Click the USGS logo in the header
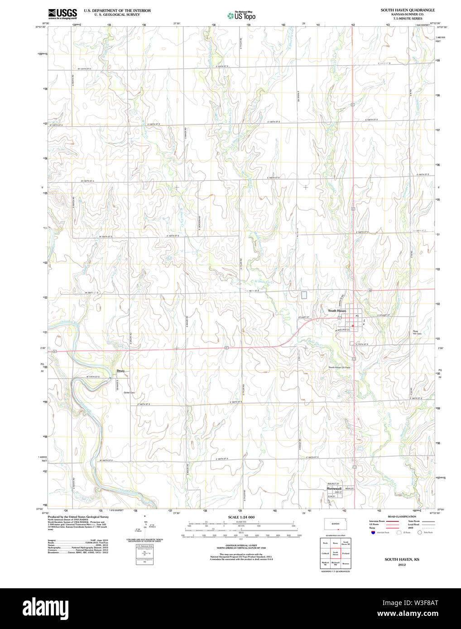(62, 13)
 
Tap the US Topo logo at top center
(241, 16)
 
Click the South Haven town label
(337, 311)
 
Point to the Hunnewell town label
(336, 489)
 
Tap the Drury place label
(120, 371)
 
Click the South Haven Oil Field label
(339, 367)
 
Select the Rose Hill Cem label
(417, 332)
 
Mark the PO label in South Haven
(357, 315)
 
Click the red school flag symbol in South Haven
(352, 325)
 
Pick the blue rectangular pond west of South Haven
(304, 295)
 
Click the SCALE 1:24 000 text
(241, 517)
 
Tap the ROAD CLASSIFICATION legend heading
(401, 516)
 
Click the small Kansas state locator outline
(336, 524)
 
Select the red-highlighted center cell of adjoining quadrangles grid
(336, 553)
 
